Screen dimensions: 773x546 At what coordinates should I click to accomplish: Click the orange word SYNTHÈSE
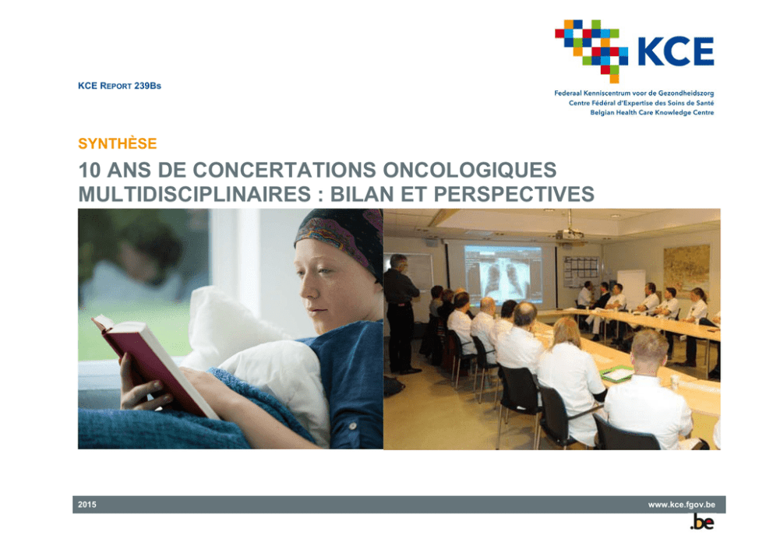click(x=118, y=143)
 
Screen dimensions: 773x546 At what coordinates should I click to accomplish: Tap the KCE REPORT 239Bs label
click(x=119, y=86)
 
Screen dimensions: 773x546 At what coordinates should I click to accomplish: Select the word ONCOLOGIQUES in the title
click(x=469, y=170)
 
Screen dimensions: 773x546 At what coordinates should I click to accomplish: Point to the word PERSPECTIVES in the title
click(x=514, y=194)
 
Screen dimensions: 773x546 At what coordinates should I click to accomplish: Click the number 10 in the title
click(x=90, y=170)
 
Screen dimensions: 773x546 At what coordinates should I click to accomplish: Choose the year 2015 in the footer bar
click(x=87, y=505)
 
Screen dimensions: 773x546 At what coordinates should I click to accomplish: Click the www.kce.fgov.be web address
click(x=681, y=505)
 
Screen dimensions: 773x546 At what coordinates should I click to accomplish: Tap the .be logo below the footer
click(x=702, y=522)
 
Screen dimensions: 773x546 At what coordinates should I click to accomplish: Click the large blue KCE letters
click(x=676, y=51)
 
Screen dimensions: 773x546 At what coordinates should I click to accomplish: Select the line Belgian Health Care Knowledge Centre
click(x=651, y=112)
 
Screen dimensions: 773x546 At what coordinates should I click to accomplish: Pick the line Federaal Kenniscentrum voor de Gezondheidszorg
click(x=634, y=93)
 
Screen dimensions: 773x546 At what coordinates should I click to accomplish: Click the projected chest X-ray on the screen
click(x=503, y=275)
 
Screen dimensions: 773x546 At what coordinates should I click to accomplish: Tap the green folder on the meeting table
click(x=616, y=373)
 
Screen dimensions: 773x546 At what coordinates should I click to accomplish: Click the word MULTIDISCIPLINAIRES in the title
click(x=195, y=194)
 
